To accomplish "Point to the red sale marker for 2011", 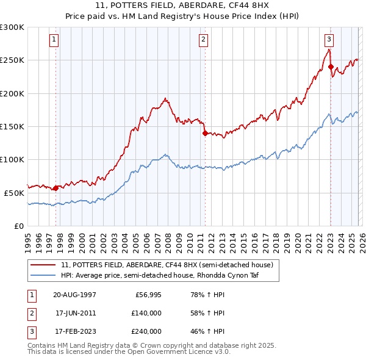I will coord(205,134).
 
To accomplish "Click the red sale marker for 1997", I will coord(56,188).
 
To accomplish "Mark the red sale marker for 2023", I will coord(331,67).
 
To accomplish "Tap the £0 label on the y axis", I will coord(18,226).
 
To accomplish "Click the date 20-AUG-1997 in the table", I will coord(75,295).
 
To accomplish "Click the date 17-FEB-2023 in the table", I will coord(75,331).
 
